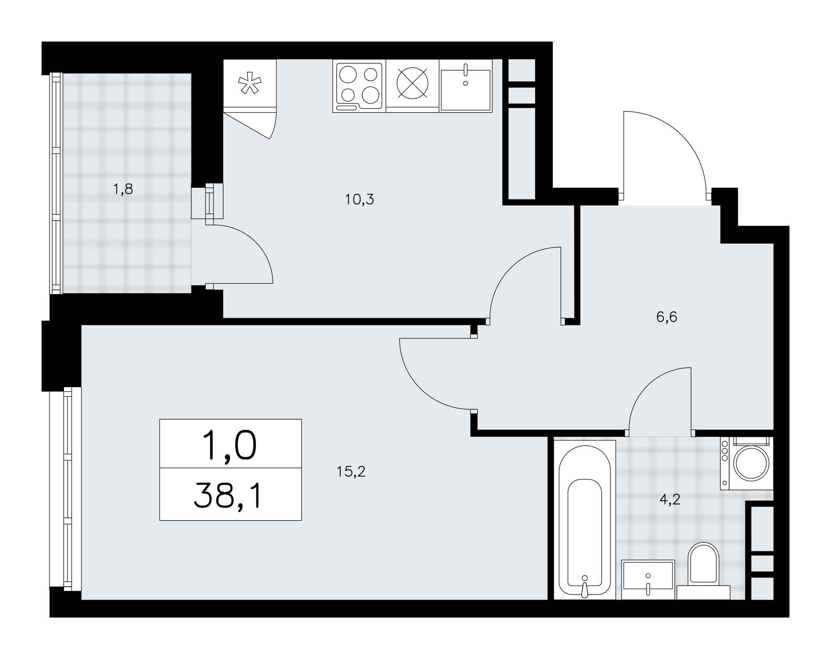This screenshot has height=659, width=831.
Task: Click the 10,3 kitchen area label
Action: tap(359, 200)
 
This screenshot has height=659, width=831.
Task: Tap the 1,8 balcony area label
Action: tap(123, 189)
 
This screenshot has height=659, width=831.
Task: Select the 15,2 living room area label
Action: tap(351, 472)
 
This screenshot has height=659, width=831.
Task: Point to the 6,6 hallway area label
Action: tap(667, 317)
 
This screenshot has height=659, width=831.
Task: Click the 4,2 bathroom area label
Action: tap(670, 499)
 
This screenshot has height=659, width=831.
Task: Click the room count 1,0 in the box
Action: tap(229, 445)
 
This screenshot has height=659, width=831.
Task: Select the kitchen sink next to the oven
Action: tap(466, 86)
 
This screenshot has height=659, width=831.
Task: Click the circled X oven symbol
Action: tap(412, 83)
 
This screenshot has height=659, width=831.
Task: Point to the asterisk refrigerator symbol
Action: tap(249, 83)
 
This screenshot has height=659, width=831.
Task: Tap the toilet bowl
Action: tap(703, 564)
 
